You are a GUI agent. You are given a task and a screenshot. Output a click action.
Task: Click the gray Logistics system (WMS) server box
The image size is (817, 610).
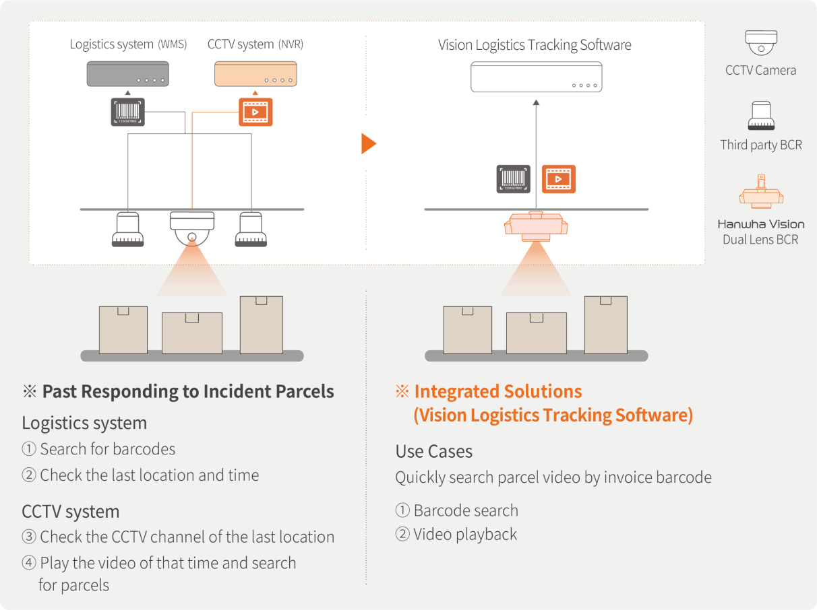127,74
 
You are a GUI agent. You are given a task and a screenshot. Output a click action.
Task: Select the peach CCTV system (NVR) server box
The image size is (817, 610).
255,74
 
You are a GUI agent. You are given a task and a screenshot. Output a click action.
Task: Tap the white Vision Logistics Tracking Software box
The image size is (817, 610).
536,77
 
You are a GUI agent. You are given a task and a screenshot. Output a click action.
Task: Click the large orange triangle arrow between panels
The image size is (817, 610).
369,143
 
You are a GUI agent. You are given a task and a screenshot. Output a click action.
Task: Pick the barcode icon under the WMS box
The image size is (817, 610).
127,112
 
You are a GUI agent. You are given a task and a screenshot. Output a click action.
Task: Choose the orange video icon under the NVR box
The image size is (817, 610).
255,112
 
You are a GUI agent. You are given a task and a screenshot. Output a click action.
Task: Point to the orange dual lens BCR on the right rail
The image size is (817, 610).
536,226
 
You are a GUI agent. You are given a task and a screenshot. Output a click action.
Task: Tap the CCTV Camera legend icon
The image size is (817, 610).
761,42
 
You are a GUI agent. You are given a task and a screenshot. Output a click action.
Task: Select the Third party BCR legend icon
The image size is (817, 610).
761,116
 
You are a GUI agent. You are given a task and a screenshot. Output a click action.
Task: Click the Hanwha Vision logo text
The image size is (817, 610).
761,224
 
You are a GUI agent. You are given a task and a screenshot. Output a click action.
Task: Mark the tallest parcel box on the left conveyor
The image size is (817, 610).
262,325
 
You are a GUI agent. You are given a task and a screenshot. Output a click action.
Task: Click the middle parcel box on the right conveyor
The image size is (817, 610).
537,333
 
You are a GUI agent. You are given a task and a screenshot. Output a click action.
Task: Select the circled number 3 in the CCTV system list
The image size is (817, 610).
29,537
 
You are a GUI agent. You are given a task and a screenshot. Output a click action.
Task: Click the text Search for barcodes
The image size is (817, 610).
108,449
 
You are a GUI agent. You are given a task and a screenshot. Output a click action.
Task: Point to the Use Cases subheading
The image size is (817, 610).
433,451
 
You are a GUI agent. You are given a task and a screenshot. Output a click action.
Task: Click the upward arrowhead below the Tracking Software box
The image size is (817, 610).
536,102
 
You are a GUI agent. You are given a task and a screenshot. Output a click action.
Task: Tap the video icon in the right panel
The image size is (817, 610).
558,179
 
